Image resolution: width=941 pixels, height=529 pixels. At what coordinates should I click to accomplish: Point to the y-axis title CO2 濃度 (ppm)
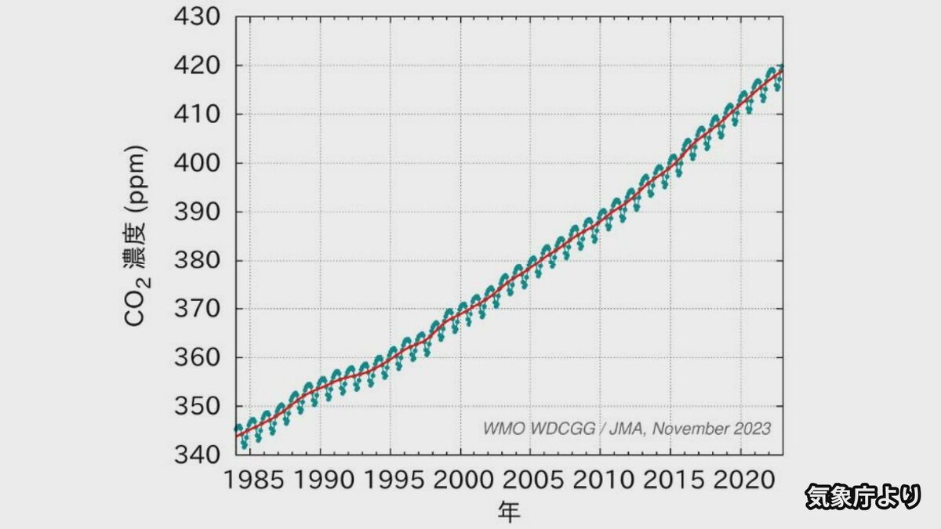pyautogui.click(x=136, y=235)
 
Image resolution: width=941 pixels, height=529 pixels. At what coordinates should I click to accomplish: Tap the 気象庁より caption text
pyautogui.click(x=862, y=495)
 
